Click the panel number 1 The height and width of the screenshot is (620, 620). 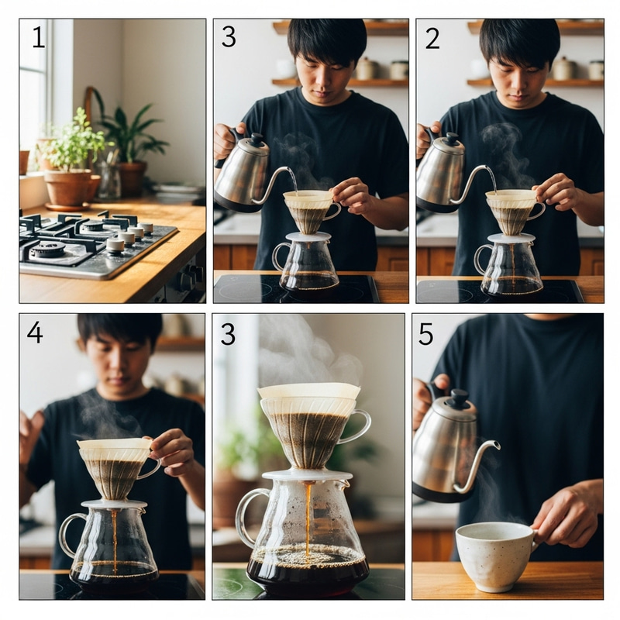[38, 36]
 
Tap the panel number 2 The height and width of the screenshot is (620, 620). [432, 36]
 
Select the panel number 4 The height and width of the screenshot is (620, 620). [35, 332]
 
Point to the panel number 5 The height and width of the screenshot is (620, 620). [426, 332]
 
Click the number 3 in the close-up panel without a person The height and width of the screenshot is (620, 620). [227, 332]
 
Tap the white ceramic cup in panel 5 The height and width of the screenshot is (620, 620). [494, 553]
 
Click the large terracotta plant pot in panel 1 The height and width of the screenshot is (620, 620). [68, 187]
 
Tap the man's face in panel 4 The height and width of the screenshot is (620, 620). [118, 357]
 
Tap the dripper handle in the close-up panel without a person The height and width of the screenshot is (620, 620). [358, 426]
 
